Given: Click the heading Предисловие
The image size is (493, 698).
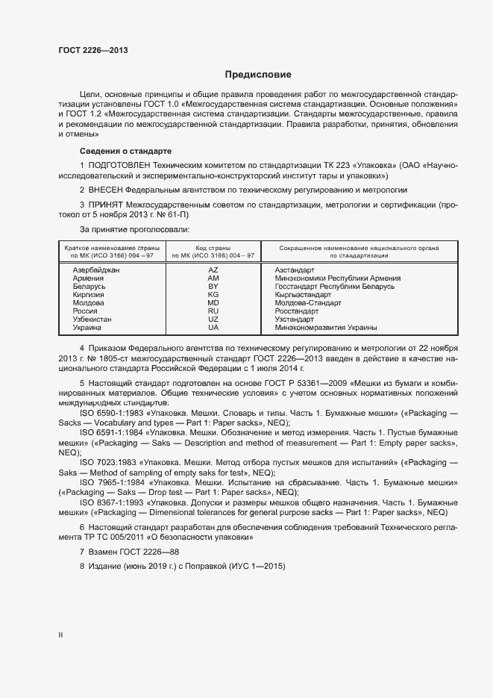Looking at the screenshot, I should pyautogui.click(x=258, y=75).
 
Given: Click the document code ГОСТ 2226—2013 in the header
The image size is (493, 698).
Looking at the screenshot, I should pyautogui.click(x=93, y=50).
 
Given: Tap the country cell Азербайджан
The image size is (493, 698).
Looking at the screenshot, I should pyautogui.click(x=96, y=269).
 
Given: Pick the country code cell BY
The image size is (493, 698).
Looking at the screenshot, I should pyautogui.click(x=213, y=286).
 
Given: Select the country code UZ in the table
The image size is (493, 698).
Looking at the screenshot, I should pyautogui.click(x=213, y=319).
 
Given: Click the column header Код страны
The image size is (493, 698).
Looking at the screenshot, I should pyautogui.click(x=213, y=247).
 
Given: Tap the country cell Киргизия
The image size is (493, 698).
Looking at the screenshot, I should pyautogui.click(x=90, y=294).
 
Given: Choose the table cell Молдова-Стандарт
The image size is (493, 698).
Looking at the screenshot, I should pyautogui.click(x=307, y=302).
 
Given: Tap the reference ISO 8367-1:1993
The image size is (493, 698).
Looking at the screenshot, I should pyautogui.click(x=115, y=503).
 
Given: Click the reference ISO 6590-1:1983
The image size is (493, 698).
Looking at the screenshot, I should pyautogui.click(x=115, y=412).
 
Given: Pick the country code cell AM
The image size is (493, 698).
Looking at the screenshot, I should pyautogui.click(x=213, y=278).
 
